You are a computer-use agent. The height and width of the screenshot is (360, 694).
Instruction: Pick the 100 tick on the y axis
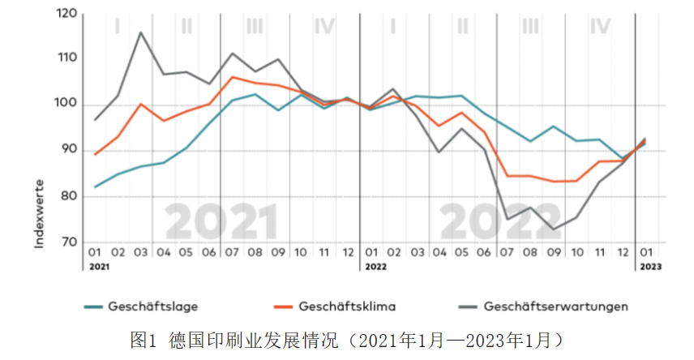(68, 105)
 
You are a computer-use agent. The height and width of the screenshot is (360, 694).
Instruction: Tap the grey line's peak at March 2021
(140, 32)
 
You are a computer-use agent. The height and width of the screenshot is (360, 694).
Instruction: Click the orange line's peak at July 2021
(233, 77)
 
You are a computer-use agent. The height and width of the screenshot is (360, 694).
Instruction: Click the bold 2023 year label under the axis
(649, 266)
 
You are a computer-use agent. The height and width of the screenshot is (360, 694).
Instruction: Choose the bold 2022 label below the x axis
(374, 266)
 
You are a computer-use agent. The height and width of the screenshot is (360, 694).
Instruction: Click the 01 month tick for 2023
(646, 252)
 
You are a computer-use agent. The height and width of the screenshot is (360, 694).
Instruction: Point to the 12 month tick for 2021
(347, 252)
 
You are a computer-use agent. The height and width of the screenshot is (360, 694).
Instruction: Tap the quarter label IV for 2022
(600, 27)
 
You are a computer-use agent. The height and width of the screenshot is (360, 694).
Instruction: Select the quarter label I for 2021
(118, 27)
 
